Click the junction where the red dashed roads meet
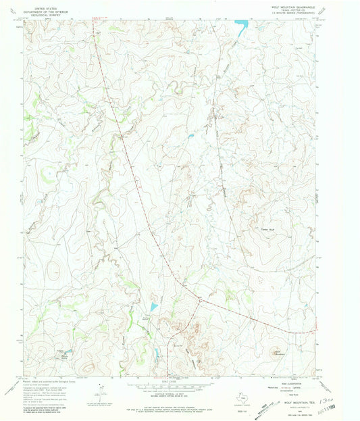[199, 297]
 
